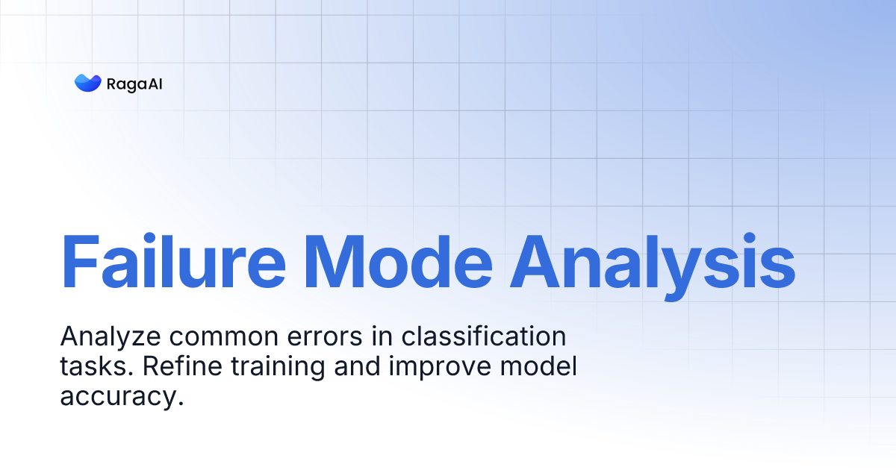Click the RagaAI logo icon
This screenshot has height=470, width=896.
[87, 83]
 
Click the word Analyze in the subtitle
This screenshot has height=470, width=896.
[110, 337]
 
